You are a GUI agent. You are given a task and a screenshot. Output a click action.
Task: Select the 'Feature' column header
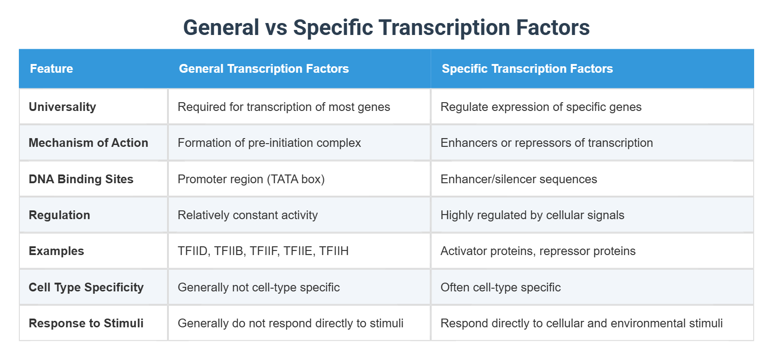52,69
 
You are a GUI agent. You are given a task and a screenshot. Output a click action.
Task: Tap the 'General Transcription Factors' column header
264,69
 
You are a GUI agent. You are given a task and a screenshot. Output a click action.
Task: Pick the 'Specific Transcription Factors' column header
527,69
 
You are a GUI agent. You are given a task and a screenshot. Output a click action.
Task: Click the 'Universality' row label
63,107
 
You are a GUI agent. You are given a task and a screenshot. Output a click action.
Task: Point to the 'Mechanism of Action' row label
88,143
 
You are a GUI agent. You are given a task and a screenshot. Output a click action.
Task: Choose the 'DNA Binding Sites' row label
81,179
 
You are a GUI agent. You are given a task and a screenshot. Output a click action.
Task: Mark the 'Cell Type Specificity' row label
86,287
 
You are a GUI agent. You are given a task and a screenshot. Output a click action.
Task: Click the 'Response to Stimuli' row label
86,323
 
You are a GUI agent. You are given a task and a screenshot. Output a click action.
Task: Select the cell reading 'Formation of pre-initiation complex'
269,143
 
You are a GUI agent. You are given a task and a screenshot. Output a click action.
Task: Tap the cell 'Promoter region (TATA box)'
251,179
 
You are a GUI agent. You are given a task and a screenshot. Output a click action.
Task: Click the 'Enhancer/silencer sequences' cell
519,179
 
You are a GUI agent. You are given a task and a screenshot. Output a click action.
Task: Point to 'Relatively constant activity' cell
248,215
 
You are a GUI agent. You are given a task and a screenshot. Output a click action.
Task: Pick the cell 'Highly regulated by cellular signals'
532,215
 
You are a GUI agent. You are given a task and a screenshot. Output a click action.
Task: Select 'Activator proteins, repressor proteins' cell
537,251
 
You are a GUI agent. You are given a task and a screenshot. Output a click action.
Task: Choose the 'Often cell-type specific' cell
500,287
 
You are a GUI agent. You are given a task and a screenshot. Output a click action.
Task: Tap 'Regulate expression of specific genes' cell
541,107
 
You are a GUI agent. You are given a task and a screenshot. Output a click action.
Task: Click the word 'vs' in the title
276,28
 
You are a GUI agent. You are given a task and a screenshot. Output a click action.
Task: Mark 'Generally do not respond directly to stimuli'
290,323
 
